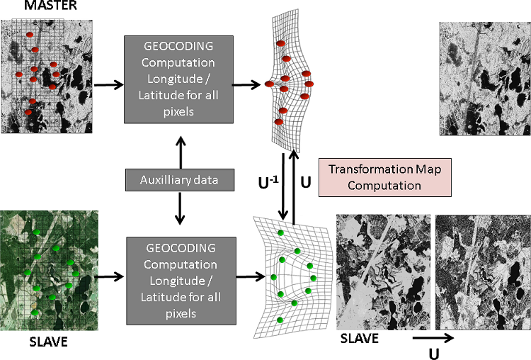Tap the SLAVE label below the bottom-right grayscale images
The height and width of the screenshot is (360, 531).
(360, 339)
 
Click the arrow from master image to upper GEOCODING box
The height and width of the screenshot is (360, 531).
(107, 86)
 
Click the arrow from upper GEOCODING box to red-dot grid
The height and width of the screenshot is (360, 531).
(248, 86)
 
